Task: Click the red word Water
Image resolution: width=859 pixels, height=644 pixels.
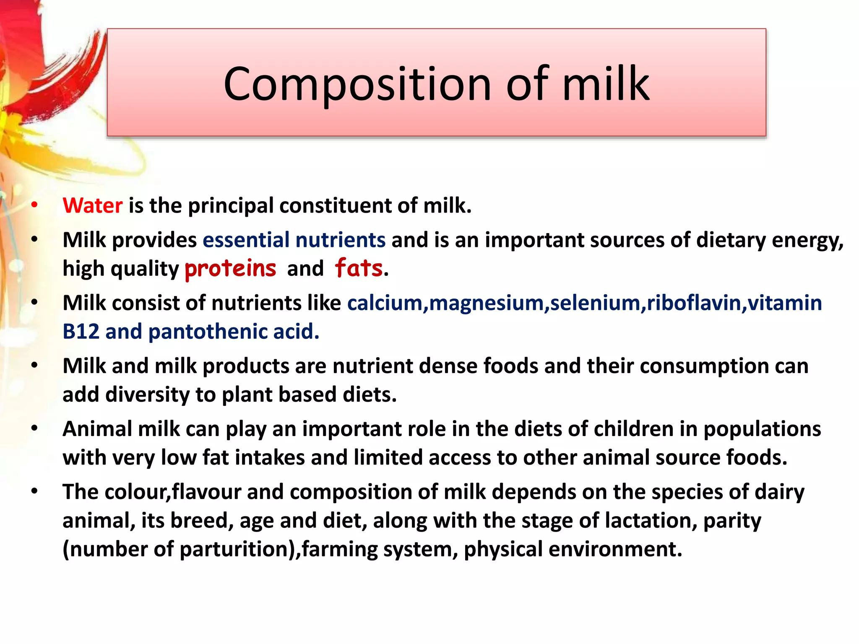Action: pyautogui.click(x=92, y=206)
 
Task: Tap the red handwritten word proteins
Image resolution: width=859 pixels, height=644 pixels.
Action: pyautogui.click(x=230, y=268)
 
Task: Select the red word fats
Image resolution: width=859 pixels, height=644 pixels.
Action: pyautogui.click(x=359, y=268)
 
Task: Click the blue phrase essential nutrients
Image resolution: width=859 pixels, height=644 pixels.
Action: pyautogui.click(x=294, y=240)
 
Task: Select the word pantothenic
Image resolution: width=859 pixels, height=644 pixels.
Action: pyautogui.click(x=208, y=332)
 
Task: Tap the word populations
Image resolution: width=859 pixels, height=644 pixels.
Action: pyautogui.click(x=762, y=429)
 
